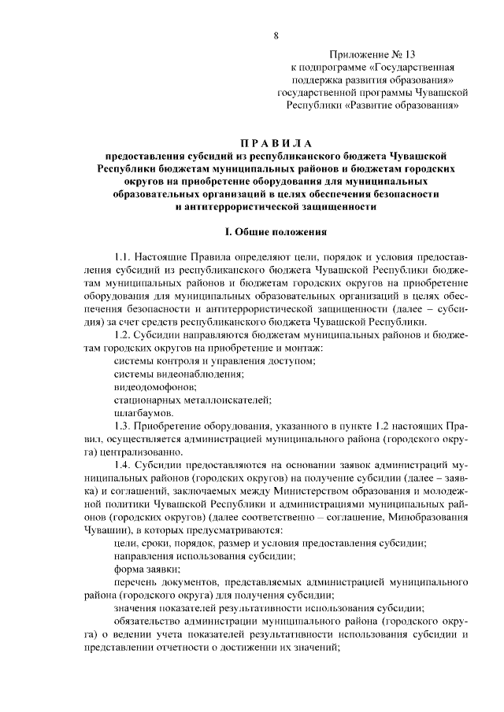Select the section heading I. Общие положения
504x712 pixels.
275,232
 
